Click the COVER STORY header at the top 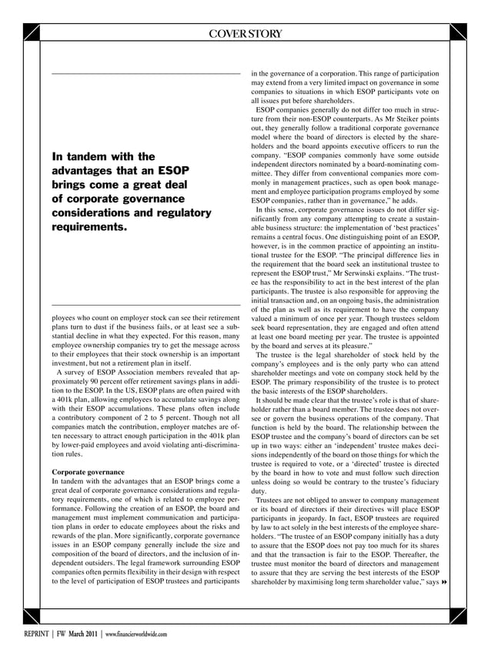click(245, 33)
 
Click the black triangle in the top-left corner click(32, 33)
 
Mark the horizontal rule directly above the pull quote click(145, 74)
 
